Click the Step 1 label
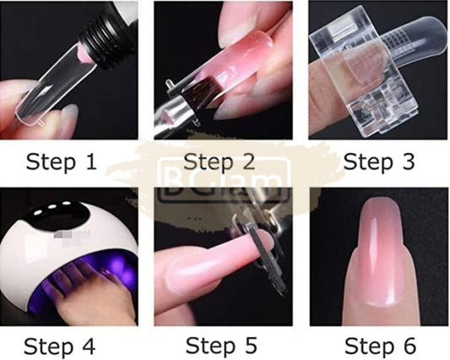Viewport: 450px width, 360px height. pos(73,161)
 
